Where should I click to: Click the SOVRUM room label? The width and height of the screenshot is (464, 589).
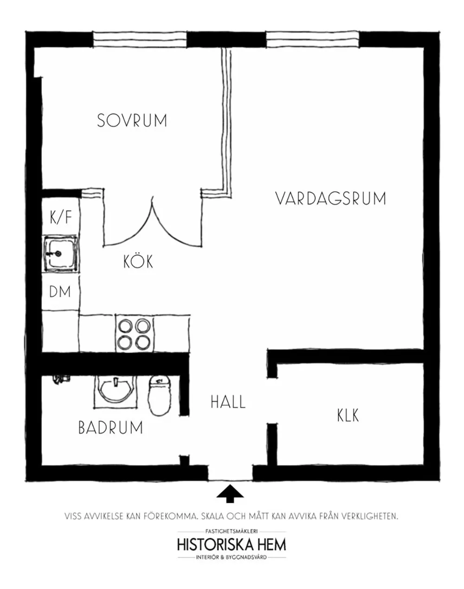132,120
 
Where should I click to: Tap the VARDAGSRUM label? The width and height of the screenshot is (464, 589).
330,199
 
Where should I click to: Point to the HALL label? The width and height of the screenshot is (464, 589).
228,402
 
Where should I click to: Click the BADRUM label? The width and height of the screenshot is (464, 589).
110,427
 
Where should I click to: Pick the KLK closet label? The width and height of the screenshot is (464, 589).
348,415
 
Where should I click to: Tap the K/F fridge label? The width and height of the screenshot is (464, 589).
61,217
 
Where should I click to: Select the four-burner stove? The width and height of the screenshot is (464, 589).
134,333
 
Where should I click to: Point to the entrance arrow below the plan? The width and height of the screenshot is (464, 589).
230,493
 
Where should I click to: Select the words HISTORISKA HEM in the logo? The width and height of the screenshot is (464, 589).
232,544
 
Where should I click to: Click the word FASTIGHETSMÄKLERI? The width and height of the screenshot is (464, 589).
232,531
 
